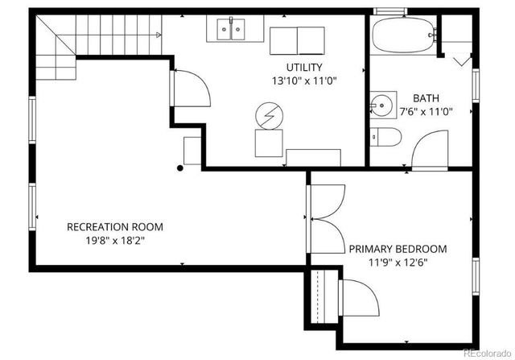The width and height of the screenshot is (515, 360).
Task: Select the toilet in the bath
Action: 384,137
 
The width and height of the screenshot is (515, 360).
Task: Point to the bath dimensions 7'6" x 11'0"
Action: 426,111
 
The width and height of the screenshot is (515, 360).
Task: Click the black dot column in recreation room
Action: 180,168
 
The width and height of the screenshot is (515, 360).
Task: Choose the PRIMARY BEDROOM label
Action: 398,249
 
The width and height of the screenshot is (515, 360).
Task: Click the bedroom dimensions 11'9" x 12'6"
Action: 398,263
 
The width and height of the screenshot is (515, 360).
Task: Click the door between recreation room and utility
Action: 191,86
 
